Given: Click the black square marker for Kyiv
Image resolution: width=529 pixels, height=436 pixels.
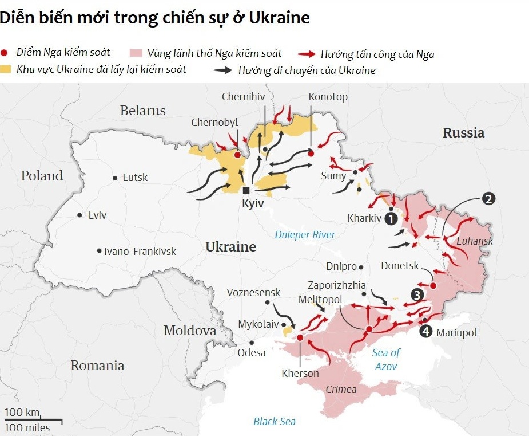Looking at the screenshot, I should tap(246, 190).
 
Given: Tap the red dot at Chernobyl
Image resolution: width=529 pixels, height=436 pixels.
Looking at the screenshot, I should tap(238, 155).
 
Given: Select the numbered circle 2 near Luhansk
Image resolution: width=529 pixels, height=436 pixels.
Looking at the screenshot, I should tap(488, 199).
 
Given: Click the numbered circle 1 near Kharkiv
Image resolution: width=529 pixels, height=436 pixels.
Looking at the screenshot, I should tap(391, 218).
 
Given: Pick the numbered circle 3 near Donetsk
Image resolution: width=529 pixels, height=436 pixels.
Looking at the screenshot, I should tap(417, 295).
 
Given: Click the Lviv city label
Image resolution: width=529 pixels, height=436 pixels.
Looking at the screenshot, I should tap(97, 215).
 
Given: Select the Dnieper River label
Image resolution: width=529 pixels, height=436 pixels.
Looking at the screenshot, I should tap(305, 234).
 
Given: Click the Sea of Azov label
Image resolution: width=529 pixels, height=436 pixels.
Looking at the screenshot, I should tap(387, 359).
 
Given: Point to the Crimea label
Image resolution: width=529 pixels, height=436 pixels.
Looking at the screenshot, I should tap(341, 390).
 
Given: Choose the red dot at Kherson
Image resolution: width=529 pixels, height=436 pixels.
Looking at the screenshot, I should tap(300, 338).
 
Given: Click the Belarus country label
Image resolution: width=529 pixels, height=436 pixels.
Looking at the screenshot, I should tap(142, 111).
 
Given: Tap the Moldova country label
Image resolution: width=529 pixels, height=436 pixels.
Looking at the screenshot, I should tap(190, 331).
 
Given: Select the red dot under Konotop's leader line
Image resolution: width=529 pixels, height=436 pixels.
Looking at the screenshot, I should tap(311, 154).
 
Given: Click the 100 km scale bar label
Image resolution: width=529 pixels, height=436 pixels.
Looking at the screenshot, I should tap(23, 413).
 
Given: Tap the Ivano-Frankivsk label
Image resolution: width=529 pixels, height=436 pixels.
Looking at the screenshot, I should tap(140, 251).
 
